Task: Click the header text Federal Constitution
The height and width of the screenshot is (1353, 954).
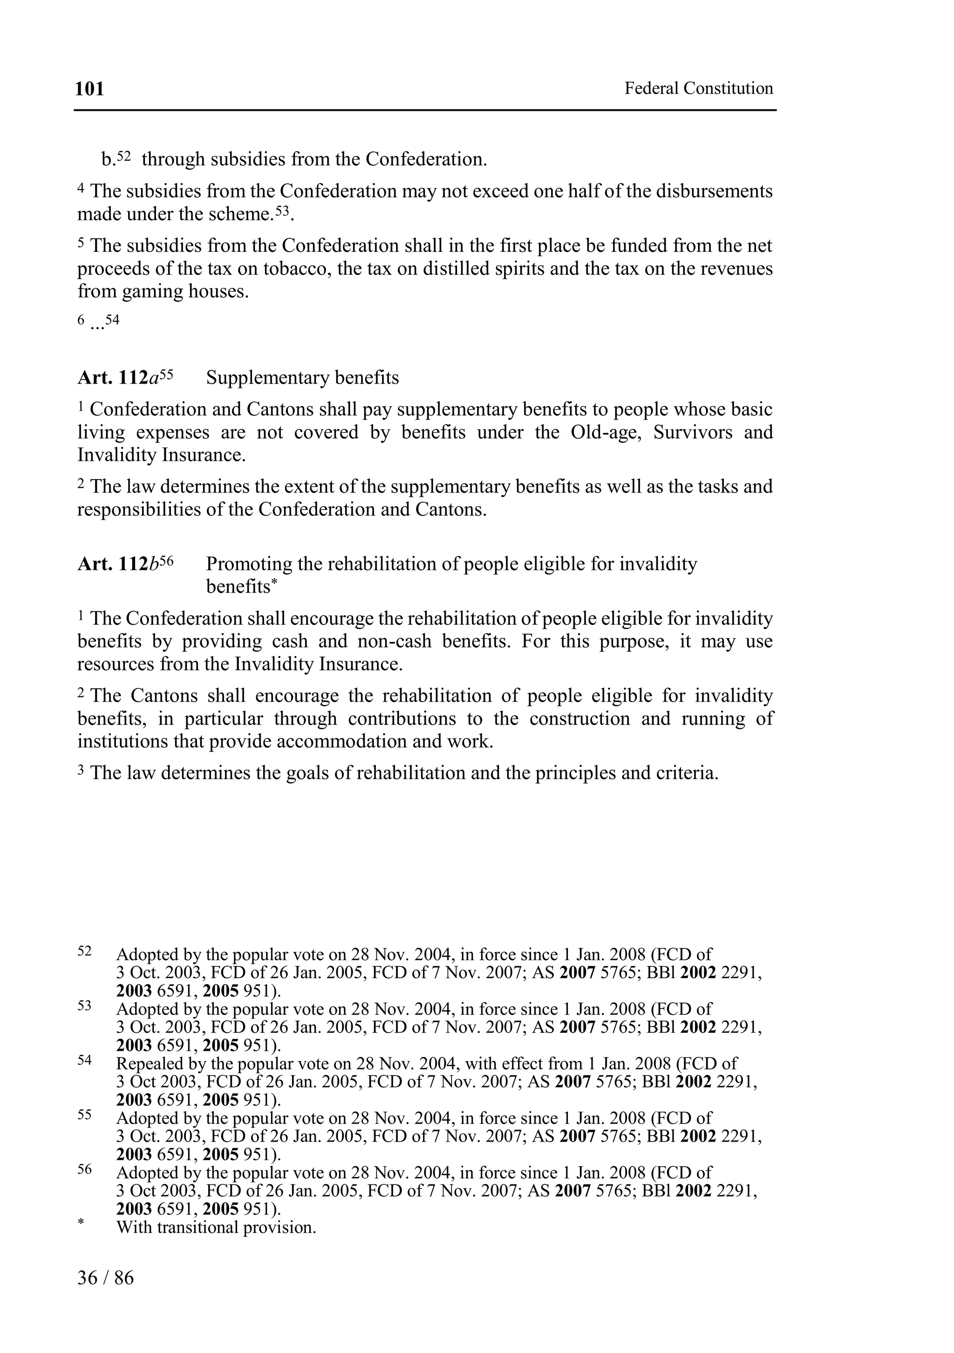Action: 698,88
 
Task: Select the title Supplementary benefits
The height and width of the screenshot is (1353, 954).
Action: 302,378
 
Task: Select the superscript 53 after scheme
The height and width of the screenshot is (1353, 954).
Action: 283,211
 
